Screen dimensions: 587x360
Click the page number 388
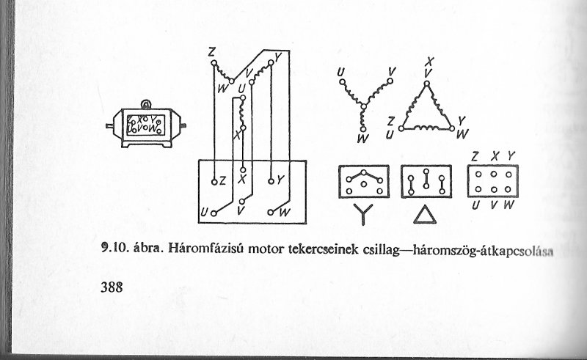[112, 287]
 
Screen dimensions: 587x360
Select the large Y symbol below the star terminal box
[363, 214]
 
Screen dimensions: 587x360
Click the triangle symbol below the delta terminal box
[425, 215]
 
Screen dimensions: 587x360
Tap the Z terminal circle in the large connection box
[214, 183]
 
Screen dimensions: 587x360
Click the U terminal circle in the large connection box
[214, 213]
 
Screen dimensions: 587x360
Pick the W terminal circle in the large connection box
[270, 213]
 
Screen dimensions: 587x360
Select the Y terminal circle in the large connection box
[271, 182]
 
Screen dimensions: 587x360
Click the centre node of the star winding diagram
[363, 106]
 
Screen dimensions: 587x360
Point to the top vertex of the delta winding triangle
[427, 84]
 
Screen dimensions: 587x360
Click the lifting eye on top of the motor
[145, 104]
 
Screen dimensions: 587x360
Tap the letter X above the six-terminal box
[494, 156]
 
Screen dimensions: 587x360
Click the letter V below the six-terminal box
[494, 205]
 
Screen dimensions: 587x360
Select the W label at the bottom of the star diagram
[362, 139]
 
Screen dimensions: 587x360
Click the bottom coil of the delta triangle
[427, 128]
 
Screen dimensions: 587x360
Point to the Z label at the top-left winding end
[211, 52]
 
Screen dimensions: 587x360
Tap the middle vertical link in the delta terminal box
[426, 179]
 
